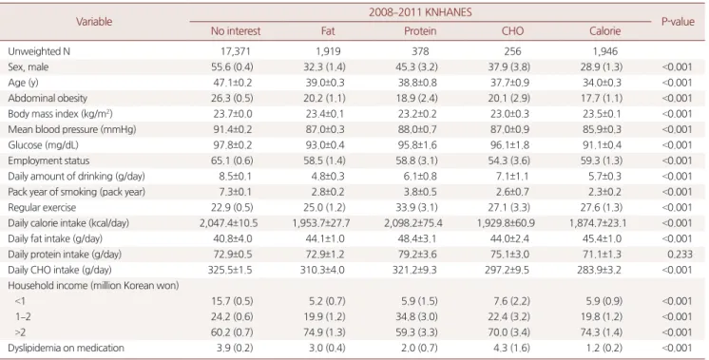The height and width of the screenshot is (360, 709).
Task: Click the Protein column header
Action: pos(420,30)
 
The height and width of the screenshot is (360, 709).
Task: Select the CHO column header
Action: pos(513,30)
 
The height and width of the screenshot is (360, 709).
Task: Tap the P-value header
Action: pos(678,22)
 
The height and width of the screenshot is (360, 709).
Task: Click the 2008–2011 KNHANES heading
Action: pos(420,11)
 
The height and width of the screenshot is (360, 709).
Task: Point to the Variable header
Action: pos(94,22)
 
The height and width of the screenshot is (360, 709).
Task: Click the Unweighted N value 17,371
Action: pos(236,51)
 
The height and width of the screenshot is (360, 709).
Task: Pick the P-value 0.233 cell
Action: pos(680,255)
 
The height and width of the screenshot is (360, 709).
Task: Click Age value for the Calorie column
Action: pos(602,83)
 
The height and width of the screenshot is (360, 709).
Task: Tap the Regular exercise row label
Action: pos(42,207)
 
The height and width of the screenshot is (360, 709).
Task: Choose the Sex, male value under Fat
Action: pos(324,66)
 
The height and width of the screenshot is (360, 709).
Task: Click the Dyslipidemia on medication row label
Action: pos(66,348)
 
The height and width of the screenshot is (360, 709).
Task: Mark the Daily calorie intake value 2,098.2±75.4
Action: pos(413,223)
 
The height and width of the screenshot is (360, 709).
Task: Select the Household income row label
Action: pos(93,286)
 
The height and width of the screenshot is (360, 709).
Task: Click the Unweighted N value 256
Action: pos(513,51)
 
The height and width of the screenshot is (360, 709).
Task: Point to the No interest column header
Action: pos(236,30)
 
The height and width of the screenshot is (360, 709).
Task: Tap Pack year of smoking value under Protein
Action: pos(420,192)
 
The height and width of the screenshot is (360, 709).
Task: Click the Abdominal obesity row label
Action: pos(48,98)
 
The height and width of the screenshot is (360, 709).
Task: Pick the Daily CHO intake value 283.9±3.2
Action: pos(602,270)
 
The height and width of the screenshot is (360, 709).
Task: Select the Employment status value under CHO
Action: pos(509,161)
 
